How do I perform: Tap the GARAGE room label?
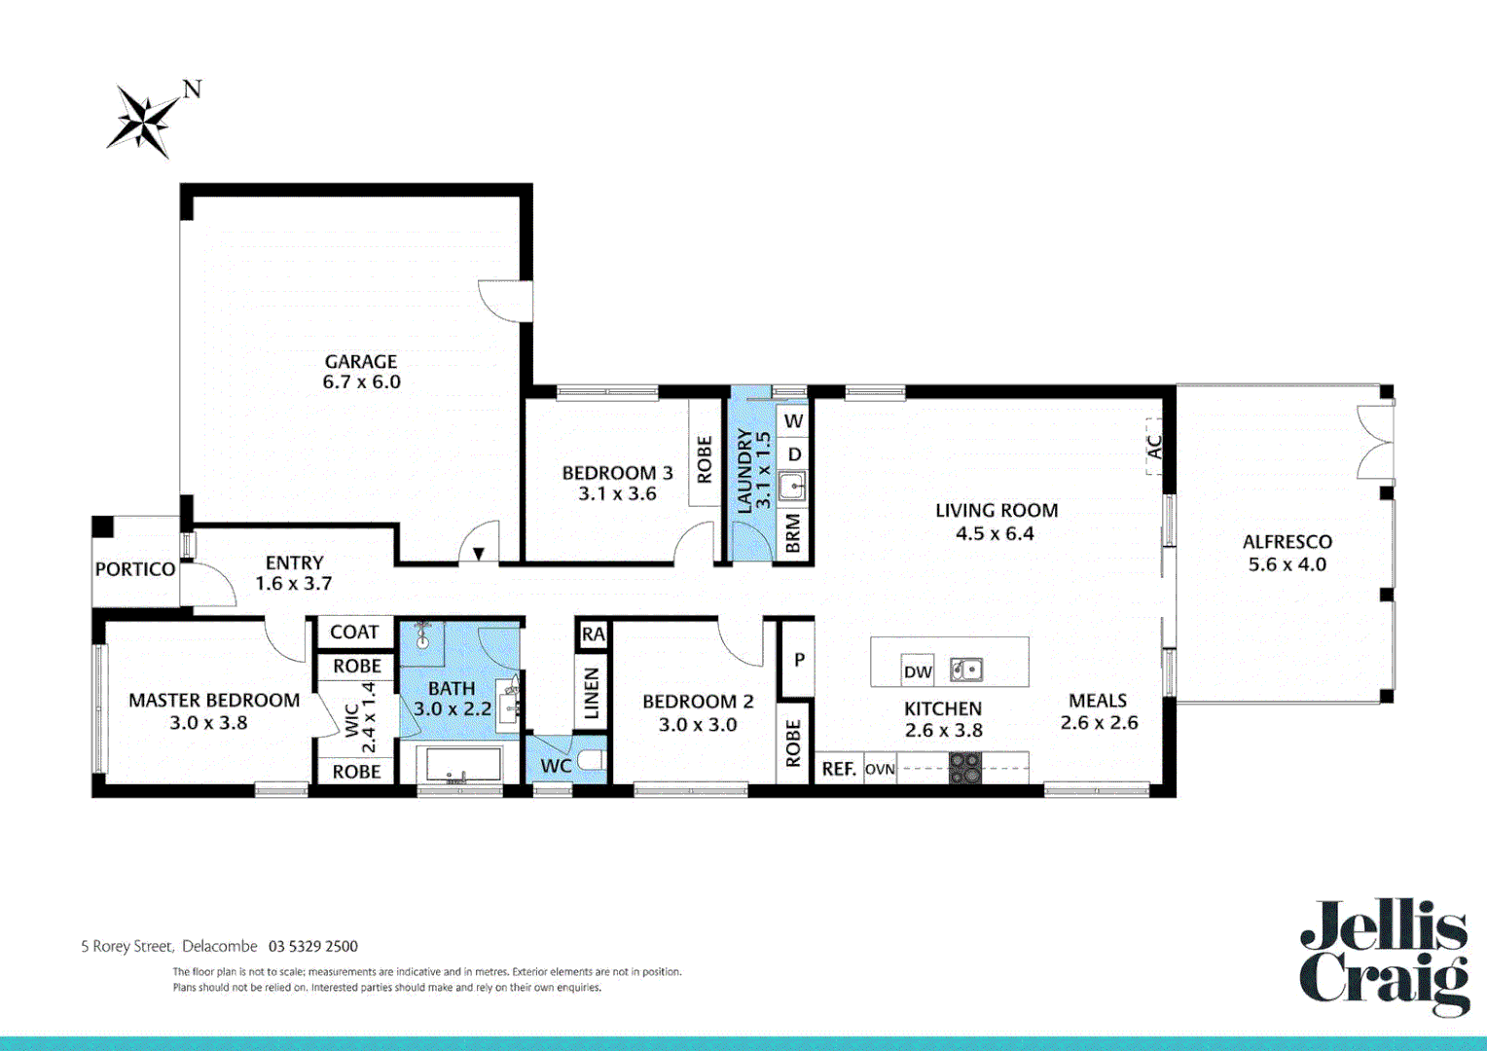(x=361, y=361)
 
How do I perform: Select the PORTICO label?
(x=135, y=569)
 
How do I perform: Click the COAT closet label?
(x=354, y=633)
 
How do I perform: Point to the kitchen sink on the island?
(x=966, y=670)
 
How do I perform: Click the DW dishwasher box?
(x=918, y=670)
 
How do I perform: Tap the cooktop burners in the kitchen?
(x=965, y=768)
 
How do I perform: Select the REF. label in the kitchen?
(x=838, y=769)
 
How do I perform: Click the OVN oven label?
(x=880, y=769)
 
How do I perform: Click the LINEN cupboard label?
(x=591, y=693)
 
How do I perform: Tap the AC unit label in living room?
(x=1154, y=447)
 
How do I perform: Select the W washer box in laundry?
(x=794, y=421)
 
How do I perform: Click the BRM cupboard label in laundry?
(x=793, y=534)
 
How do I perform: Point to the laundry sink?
(x=792, y=486)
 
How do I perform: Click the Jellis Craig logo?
(x=1384, y=958)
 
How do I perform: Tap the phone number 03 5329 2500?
(x=313, y=946)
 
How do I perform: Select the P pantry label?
(x=799, y=660)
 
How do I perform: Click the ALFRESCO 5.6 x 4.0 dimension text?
(x=1287, y=564)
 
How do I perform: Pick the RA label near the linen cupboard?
(x=593, y=634)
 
